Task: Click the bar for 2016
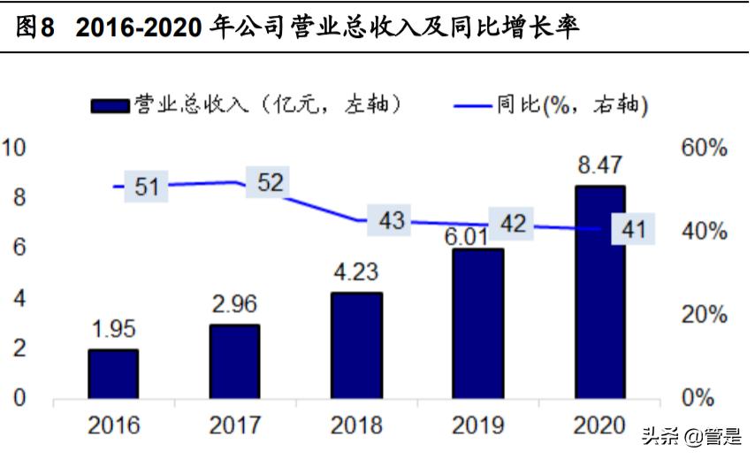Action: pos(113,373)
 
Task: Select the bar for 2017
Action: pos(234,361)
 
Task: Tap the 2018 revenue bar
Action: pos(356,345)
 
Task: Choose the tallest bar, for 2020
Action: pos(599,292)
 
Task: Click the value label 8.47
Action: pos(599,165)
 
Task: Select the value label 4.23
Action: pos(356,272)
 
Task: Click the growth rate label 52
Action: pos(271,182)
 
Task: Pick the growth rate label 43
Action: pos(392,220)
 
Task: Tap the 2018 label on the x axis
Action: pos(356,425)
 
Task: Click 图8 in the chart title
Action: pos(35,27)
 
